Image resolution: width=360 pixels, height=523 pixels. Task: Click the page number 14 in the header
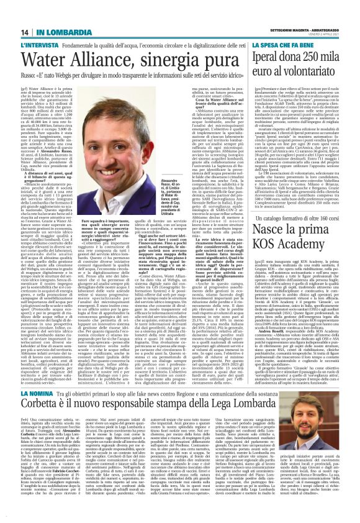tap(25, 32)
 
